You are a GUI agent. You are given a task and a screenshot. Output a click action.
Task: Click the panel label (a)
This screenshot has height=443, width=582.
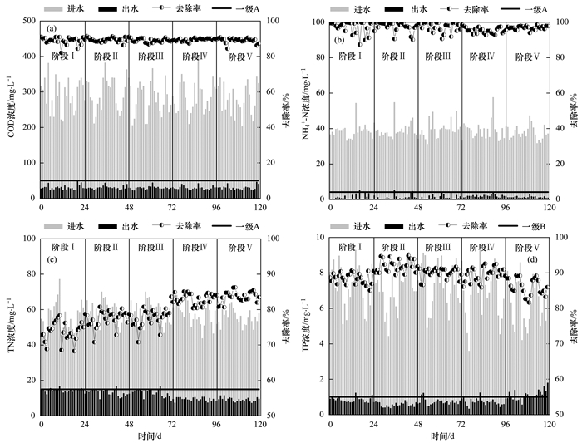pyautogui.click(x=51, y=28)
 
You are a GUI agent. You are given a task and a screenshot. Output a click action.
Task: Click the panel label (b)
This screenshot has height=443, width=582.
pyautogui.click(x=340, y=39)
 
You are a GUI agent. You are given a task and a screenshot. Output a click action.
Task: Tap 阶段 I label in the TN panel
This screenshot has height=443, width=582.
pyautogui.click(x=62, y=247)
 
